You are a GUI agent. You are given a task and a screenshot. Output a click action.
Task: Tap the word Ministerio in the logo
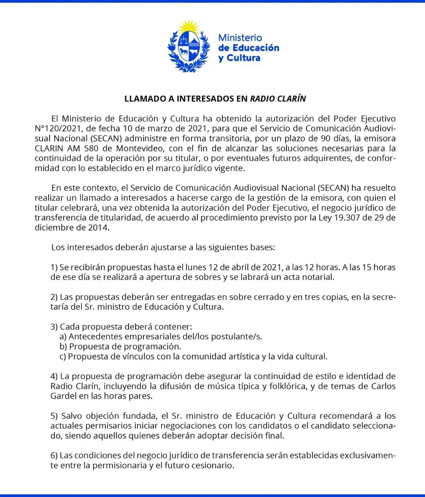pos(240,38)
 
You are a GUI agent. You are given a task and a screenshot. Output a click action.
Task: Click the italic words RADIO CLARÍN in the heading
pos(278,99)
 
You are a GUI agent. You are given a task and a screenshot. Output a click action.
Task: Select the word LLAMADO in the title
pos(142,99)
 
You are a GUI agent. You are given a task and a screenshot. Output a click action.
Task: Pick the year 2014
pos(99,227)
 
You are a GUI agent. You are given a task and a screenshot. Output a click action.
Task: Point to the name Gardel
pos(64,396)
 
